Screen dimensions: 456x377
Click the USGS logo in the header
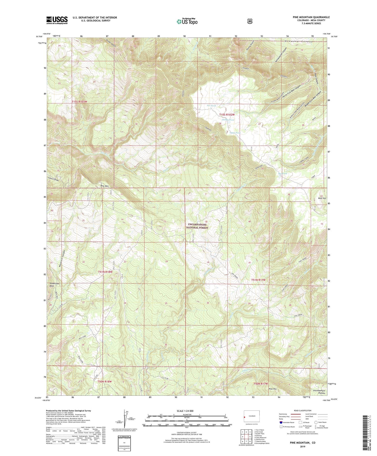tap(57, 20)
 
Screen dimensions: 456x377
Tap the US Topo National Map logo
tap(187, 21)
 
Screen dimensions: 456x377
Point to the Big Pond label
tap(283, 173)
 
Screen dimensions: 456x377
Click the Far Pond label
tap(211, 106)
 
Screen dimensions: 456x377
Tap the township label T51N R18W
tap(105, 272)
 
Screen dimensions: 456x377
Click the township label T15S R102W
tap(227, 115)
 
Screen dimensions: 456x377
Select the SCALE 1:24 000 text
tap(185, 411)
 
